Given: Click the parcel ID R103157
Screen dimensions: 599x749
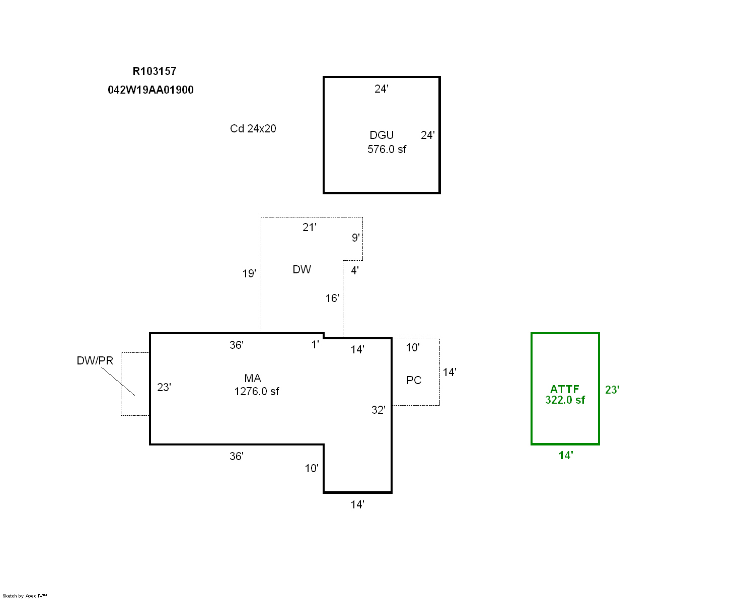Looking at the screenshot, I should click(x=155, y=71).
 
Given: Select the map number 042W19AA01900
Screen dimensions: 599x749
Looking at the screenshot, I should click(x=151, y=90).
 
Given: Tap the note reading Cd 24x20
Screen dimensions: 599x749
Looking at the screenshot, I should click(x=253, y=129).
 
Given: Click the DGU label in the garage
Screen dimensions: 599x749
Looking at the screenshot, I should click(x=382, y=135).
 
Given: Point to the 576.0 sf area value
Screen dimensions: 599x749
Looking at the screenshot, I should click(x=387, y=149).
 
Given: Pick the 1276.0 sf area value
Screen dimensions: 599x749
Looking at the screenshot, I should click(x=256, y=392).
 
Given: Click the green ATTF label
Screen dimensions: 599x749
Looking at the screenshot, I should click(x=564, y=389).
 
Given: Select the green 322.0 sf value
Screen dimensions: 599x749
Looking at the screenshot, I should click(x=565, y=400).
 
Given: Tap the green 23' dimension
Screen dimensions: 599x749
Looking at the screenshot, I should click(x=612, y=390).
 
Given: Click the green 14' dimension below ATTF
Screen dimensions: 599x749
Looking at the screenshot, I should click(x=566, y=456).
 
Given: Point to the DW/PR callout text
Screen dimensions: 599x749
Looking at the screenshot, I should click(x=95, y=361).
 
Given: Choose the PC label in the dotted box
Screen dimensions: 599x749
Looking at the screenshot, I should click(x=414, y=381).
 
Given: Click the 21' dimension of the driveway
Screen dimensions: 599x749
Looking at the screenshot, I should click(x=310, y=228).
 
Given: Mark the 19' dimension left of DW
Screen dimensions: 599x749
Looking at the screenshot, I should click(x=249, y=274).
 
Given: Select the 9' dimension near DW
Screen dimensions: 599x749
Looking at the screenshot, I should click(x=356, y=238).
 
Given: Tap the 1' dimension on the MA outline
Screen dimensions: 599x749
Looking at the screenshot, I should click(x=315, y=345).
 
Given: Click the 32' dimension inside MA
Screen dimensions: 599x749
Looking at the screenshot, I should click(x=379, y=410).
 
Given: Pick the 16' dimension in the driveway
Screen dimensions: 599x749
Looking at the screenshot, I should click(x=332, y=298).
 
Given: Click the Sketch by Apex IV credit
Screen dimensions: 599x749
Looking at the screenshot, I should click(x=25, y=595).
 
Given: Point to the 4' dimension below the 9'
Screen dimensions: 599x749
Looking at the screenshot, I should click(x=355, y=271).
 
